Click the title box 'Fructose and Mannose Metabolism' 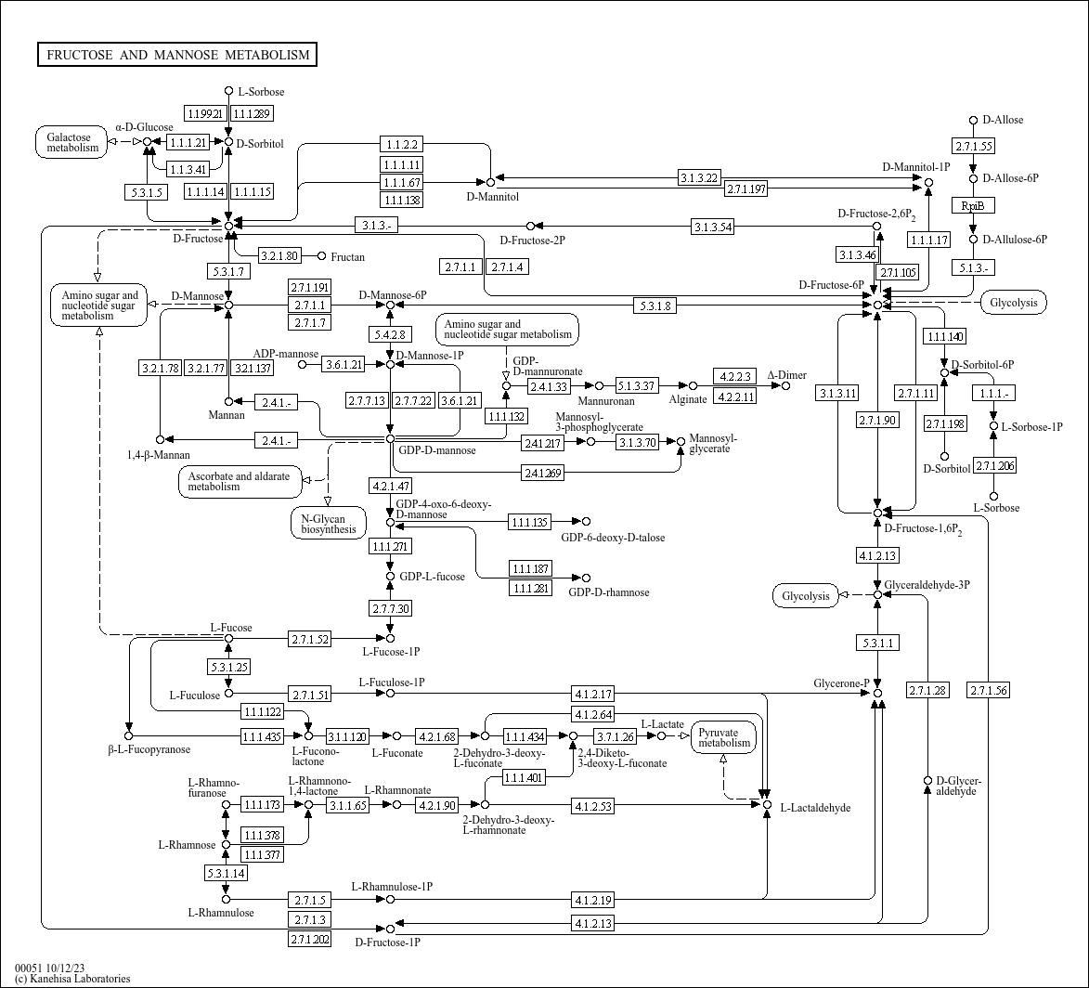coord(177,55)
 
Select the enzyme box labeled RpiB coord(972,205)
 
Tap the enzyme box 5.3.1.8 coord(655,305)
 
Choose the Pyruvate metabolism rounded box coord(723,737)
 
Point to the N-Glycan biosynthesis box coord(322,524)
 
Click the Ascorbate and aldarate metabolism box coord(239,481)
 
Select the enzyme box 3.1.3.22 coord(699,177)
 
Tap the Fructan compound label coord(347,256)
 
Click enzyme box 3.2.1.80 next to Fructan coord(279,255)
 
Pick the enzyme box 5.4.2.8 coord(390,334)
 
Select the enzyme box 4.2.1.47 coord(390,486)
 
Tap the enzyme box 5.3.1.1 coord(877,643)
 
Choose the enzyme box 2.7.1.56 coord(988,690)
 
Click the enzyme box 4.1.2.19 coord(592,900)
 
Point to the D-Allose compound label coord(1002,120)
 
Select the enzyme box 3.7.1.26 coord(615,736)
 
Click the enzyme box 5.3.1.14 coord(226,873)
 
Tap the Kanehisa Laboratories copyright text coord(72,979)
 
